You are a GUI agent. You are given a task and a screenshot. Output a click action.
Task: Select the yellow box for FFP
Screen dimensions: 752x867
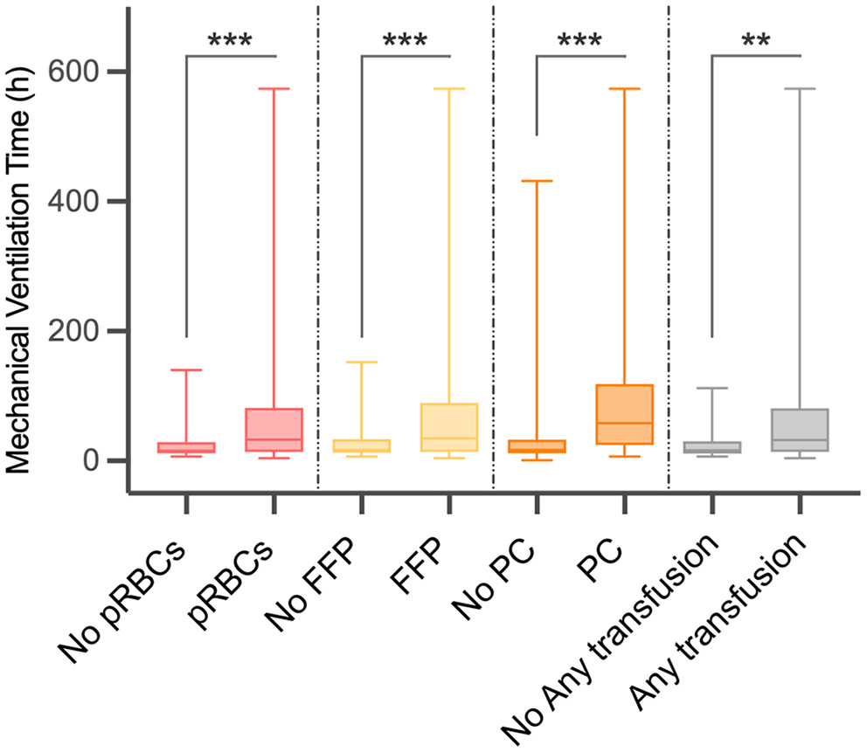pos(449,427)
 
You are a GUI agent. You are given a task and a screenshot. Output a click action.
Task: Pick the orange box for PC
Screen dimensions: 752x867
pos(625,414)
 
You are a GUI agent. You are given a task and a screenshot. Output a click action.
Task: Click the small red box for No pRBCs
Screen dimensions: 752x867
pos(186,447)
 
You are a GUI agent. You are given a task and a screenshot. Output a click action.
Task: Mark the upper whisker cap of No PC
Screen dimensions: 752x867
pos(537,181)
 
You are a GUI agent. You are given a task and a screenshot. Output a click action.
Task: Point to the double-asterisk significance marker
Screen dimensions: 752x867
pos(756,40)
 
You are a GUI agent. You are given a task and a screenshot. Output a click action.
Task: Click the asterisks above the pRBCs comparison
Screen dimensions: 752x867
pos(231,40)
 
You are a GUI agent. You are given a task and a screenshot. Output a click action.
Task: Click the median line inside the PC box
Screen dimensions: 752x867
pos(625,423)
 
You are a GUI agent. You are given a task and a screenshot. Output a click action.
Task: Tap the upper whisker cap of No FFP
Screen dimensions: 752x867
pos(361,362)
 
